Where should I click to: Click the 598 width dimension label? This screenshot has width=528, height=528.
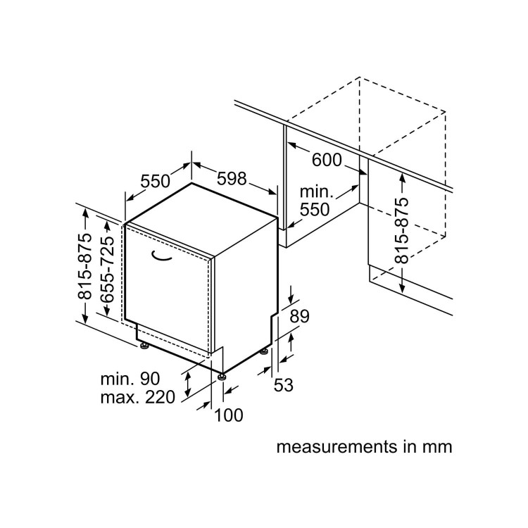click(232, 178)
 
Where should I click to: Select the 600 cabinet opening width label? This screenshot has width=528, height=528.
click(327, 160)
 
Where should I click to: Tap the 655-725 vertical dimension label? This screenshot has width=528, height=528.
click(108, 269)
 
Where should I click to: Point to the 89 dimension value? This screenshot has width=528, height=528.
click(299, 316)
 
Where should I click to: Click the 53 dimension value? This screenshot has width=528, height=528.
click(284, 385)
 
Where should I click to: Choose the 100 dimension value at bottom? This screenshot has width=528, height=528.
click(229, 415)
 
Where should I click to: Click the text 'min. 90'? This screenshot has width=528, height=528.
click(130, 379)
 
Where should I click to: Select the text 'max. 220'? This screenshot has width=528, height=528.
click(138, 397)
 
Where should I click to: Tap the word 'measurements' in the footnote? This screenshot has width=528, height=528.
click(337, 447)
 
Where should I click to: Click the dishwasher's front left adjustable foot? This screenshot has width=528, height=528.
click(144, 346)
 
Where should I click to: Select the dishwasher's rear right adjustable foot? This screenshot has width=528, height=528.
click(264, 351)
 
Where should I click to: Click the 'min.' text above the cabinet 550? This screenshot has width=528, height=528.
click(316, 191)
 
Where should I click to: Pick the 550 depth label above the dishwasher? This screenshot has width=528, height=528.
click(156, 181)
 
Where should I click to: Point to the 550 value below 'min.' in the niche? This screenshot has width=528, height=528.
click(315, 210)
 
